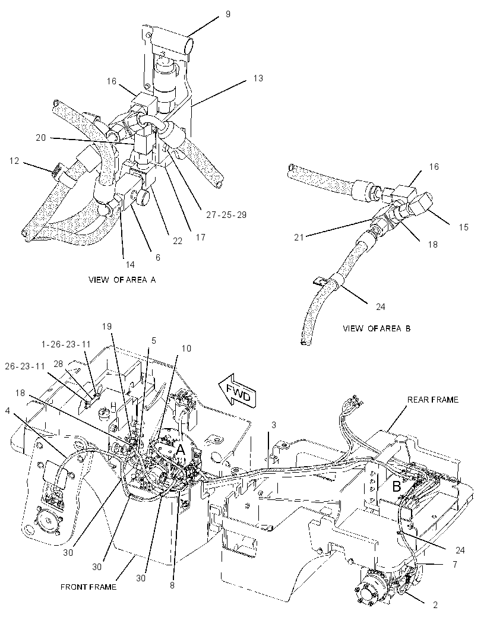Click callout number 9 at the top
(x=228, y=14)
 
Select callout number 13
(x=258, y=78)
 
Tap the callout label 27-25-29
(x=226, y=215)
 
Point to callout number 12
(x=14, y=161)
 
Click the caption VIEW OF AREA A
(x=122, y=280)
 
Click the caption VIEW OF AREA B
(x=377, y=328)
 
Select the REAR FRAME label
(x=432, y=400)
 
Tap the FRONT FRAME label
(x=88, y=587)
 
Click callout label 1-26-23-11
(x=66, y=344)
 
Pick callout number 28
(x=58, y=364)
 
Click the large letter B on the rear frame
(x=397, y=486)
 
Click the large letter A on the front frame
(x=180, y=450)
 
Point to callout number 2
(x=435, y=604)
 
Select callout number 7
(x=455, y=564)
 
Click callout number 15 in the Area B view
(x=464, y=227)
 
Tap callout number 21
(x=299, y=238)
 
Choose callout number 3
(x=274, y=425)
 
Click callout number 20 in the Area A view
(x=41, y=138)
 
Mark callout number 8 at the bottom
(x=172, y=585)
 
